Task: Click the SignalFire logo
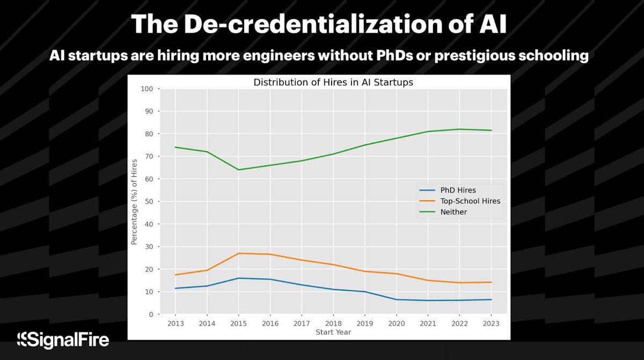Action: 63,339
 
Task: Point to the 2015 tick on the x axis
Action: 239,324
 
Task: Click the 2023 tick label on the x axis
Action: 491,324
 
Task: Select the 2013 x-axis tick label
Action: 175,324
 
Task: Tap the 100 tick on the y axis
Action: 147,89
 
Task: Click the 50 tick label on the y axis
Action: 149,202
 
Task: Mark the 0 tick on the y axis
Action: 151,314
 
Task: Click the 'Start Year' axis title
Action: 333,332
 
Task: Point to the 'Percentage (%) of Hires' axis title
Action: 135,202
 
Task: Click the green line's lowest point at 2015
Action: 239,170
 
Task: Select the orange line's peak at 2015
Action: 239,253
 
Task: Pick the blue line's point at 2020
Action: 397,299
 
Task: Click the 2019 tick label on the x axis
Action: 365,324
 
